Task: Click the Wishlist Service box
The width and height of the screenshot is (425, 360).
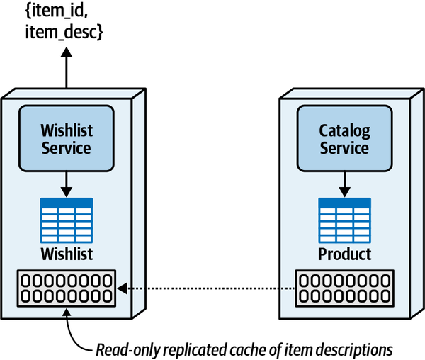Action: (66, 138)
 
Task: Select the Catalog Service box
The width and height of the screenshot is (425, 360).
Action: (344, 138)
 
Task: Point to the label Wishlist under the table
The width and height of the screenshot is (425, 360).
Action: (66, 254)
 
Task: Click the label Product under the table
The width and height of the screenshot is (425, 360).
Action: (344, 254)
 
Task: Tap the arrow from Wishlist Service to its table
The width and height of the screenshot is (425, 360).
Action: (66, 184)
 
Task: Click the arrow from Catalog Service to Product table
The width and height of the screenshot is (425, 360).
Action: (344, 184)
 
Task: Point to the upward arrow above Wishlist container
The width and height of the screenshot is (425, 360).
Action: (66, 67)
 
